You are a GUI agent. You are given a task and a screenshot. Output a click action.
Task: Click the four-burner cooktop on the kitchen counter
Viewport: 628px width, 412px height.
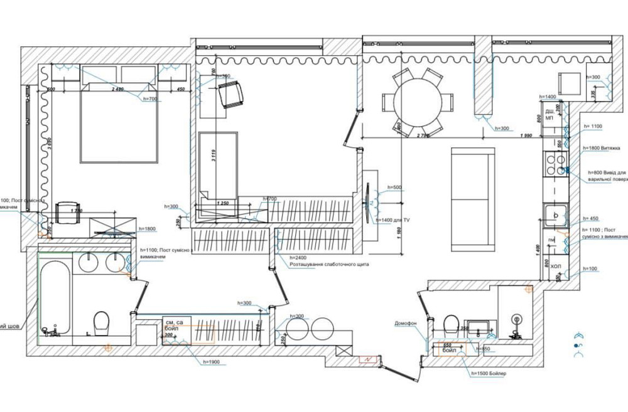pos(555,164)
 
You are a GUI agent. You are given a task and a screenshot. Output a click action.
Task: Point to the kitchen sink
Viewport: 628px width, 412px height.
pos(556,215)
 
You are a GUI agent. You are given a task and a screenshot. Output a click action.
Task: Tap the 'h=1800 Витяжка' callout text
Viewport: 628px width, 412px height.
pos(606,149)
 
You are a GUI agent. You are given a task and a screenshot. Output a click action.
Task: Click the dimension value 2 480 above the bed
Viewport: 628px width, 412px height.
pos(117,90)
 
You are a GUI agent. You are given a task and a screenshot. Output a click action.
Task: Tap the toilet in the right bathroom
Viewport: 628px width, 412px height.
pos(450,324)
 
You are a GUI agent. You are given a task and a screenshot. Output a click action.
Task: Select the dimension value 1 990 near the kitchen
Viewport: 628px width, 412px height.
pos(526,136)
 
